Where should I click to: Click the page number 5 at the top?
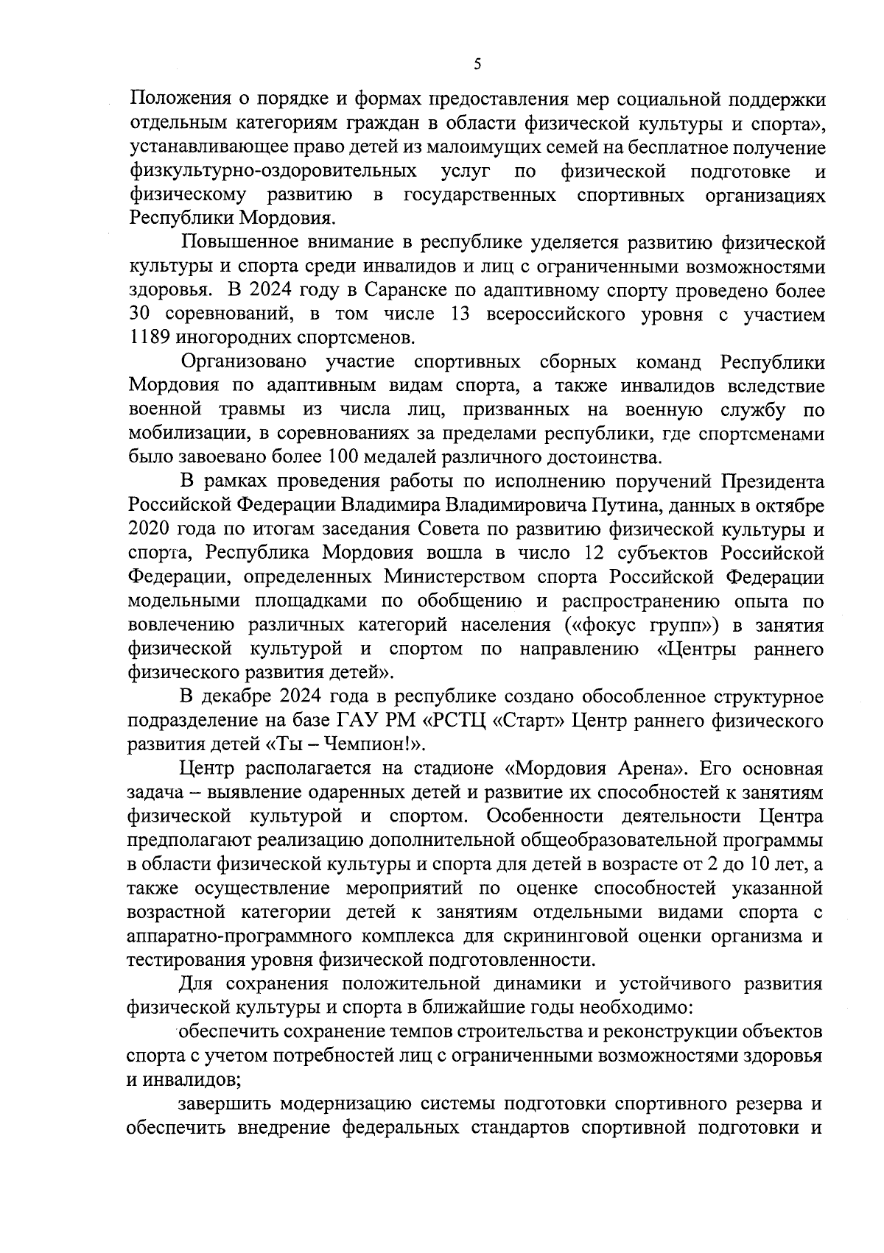[477, 65]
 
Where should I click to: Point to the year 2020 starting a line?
[150, 529]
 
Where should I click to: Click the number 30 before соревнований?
[141, 314]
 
